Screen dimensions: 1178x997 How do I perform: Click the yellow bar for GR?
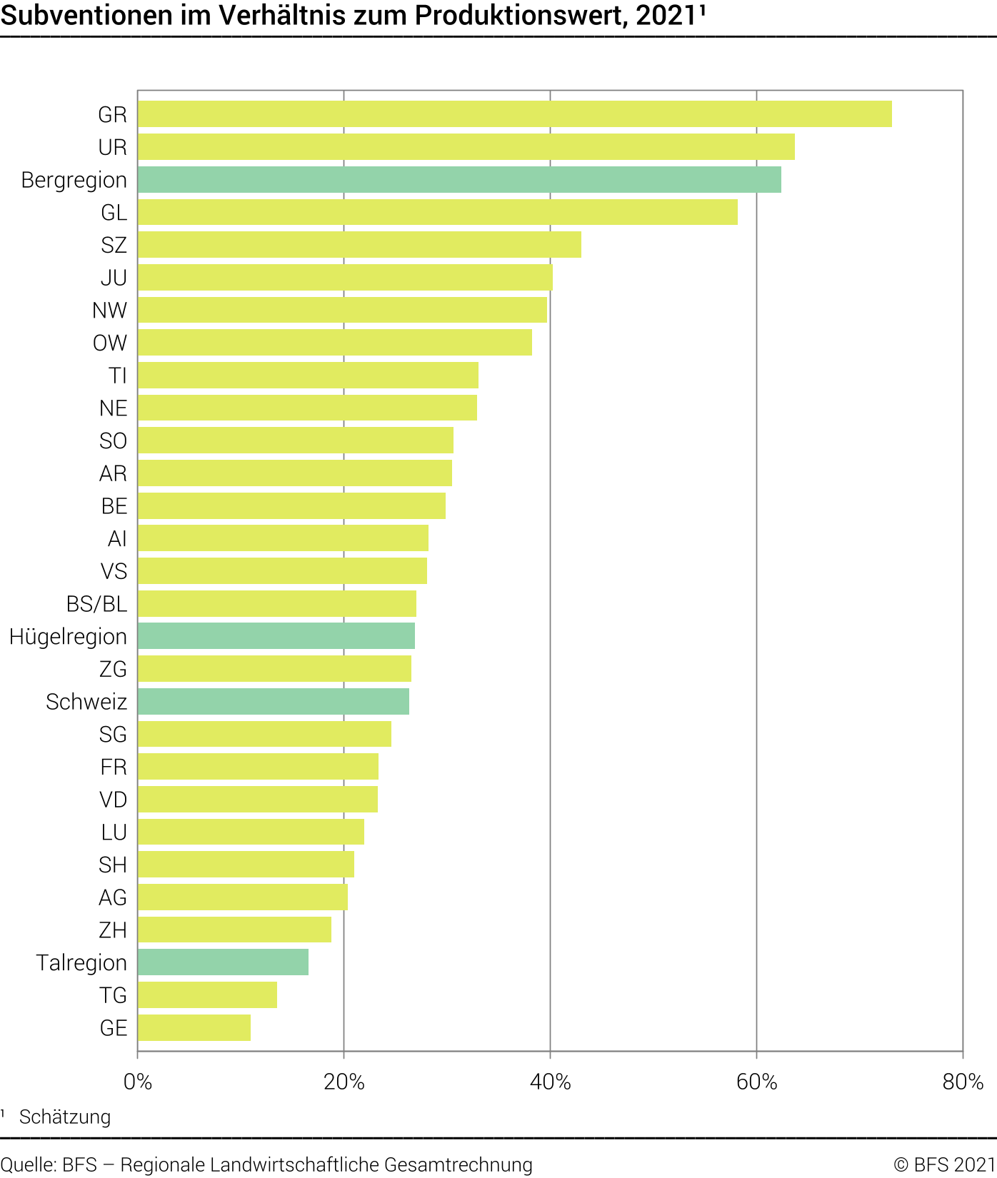(x=514, y=114)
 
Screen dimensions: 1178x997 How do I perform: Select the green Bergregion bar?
(x=459, y=180)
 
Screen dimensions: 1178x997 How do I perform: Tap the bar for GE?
(x=194, y=1028)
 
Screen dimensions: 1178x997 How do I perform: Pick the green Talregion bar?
(x=223, y=962)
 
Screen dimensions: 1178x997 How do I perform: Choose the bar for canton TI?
(x=308, y=376)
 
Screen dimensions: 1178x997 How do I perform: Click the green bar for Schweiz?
(x=274, y=702)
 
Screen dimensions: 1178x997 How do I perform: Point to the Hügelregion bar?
(x=276, y=636)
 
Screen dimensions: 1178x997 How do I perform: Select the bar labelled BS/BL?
(x=277, y=604)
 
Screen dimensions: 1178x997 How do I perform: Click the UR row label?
(x=112, y=148)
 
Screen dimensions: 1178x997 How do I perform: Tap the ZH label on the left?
(x=113, y=930)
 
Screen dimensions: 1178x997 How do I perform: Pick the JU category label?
(x=114, y=278)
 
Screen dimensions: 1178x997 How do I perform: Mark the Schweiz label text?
(x=86, y=702)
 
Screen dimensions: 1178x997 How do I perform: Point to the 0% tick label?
(x=138, y=1082)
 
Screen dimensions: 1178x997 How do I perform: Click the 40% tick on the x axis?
(x=550, y=1082)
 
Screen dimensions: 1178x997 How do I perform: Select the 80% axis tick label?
(x=963, y=1082)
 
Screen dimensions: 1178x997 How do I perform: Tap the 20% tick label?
(x=344, y=1082)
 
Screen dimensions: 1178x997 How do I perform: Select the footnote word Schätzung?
(x=65, y=1117)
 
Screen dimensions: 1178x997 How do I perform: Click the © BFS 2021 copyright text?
(x=944, y=1164)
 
